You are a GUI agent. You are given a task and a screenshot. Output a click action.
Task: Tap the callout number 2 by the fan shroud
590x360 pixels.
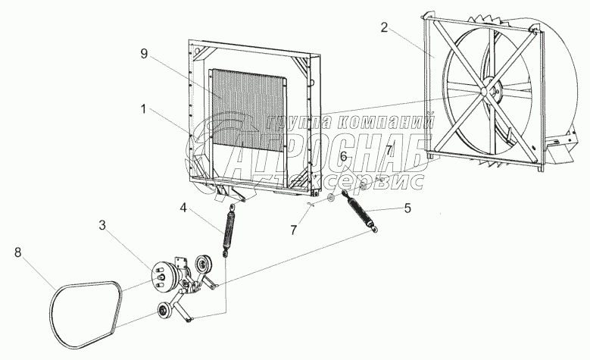click(x=385, y=28)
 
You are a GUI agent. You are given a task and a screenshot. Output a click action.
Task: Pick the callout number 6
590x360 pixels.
click(x=343, y=156)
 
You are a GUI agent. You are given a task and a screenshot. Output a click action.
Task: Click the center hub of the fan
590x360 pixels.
click(x=483, y=92)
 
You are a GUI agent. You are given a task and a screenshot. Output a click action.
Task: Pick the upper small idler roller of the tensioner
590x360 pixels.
click(x=202, y=267)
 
